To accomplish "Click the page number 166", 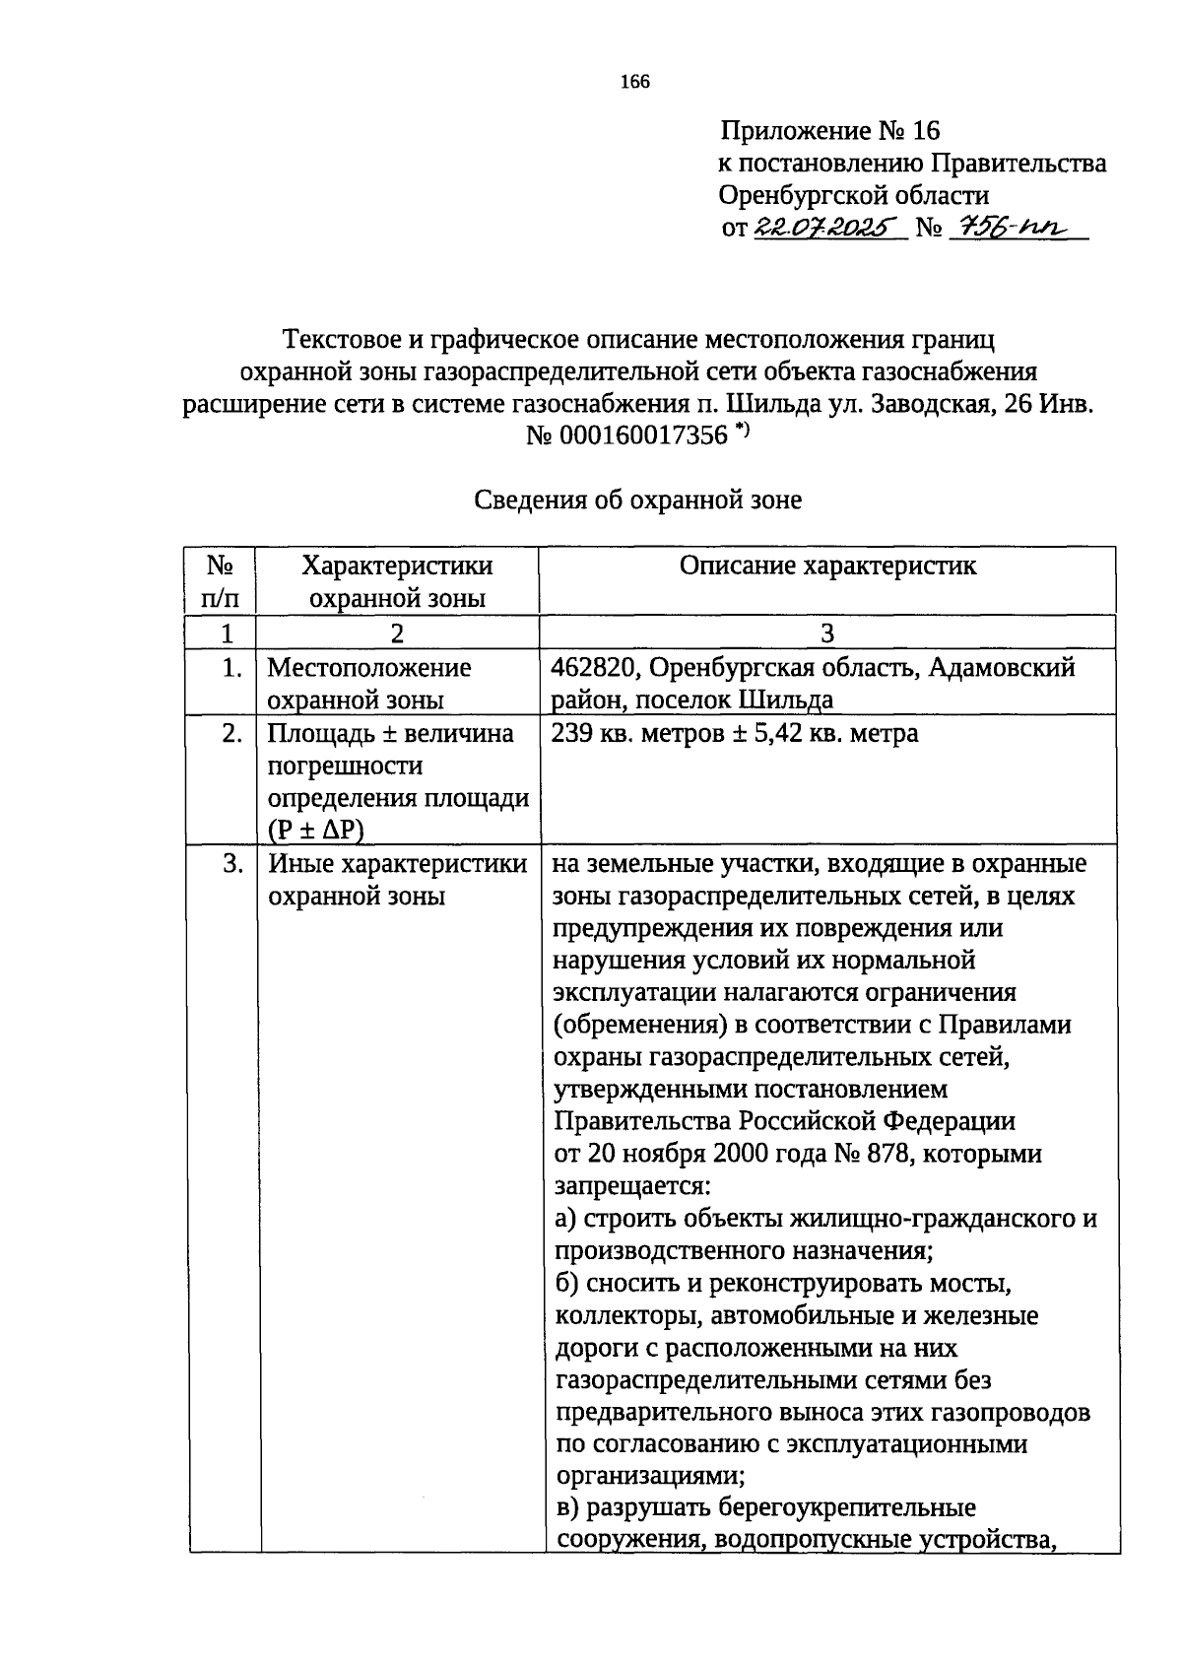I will [x=634, y=82].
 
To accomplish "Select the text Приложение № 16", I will [x=829, y=131].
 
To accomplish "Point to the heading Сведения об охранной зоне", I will [x=638, y=500].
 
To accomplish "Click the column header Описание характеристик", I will [x=827, y=566].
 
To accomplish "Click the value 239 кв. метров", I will [x=648, y=734].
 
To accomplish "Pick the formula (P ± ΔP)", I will [x=315, y=831].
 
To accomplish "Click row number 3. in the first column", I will [x=232, y=864].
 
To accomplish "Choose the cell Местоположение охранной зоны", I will [x=368, y=684].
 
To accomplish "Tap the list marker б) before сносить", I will [x=565, y=1284].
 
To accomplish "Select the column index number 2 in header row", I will [x=396, y=633].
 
